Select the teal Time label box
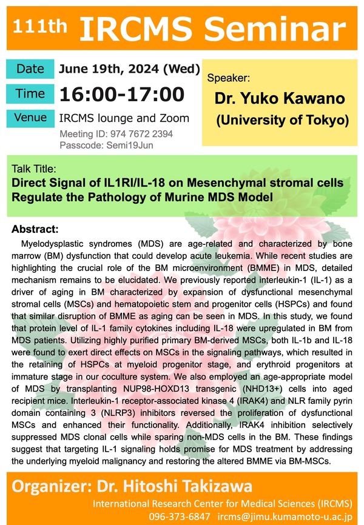pos(30,94)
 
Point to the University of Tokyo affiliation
pos(282,121)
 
